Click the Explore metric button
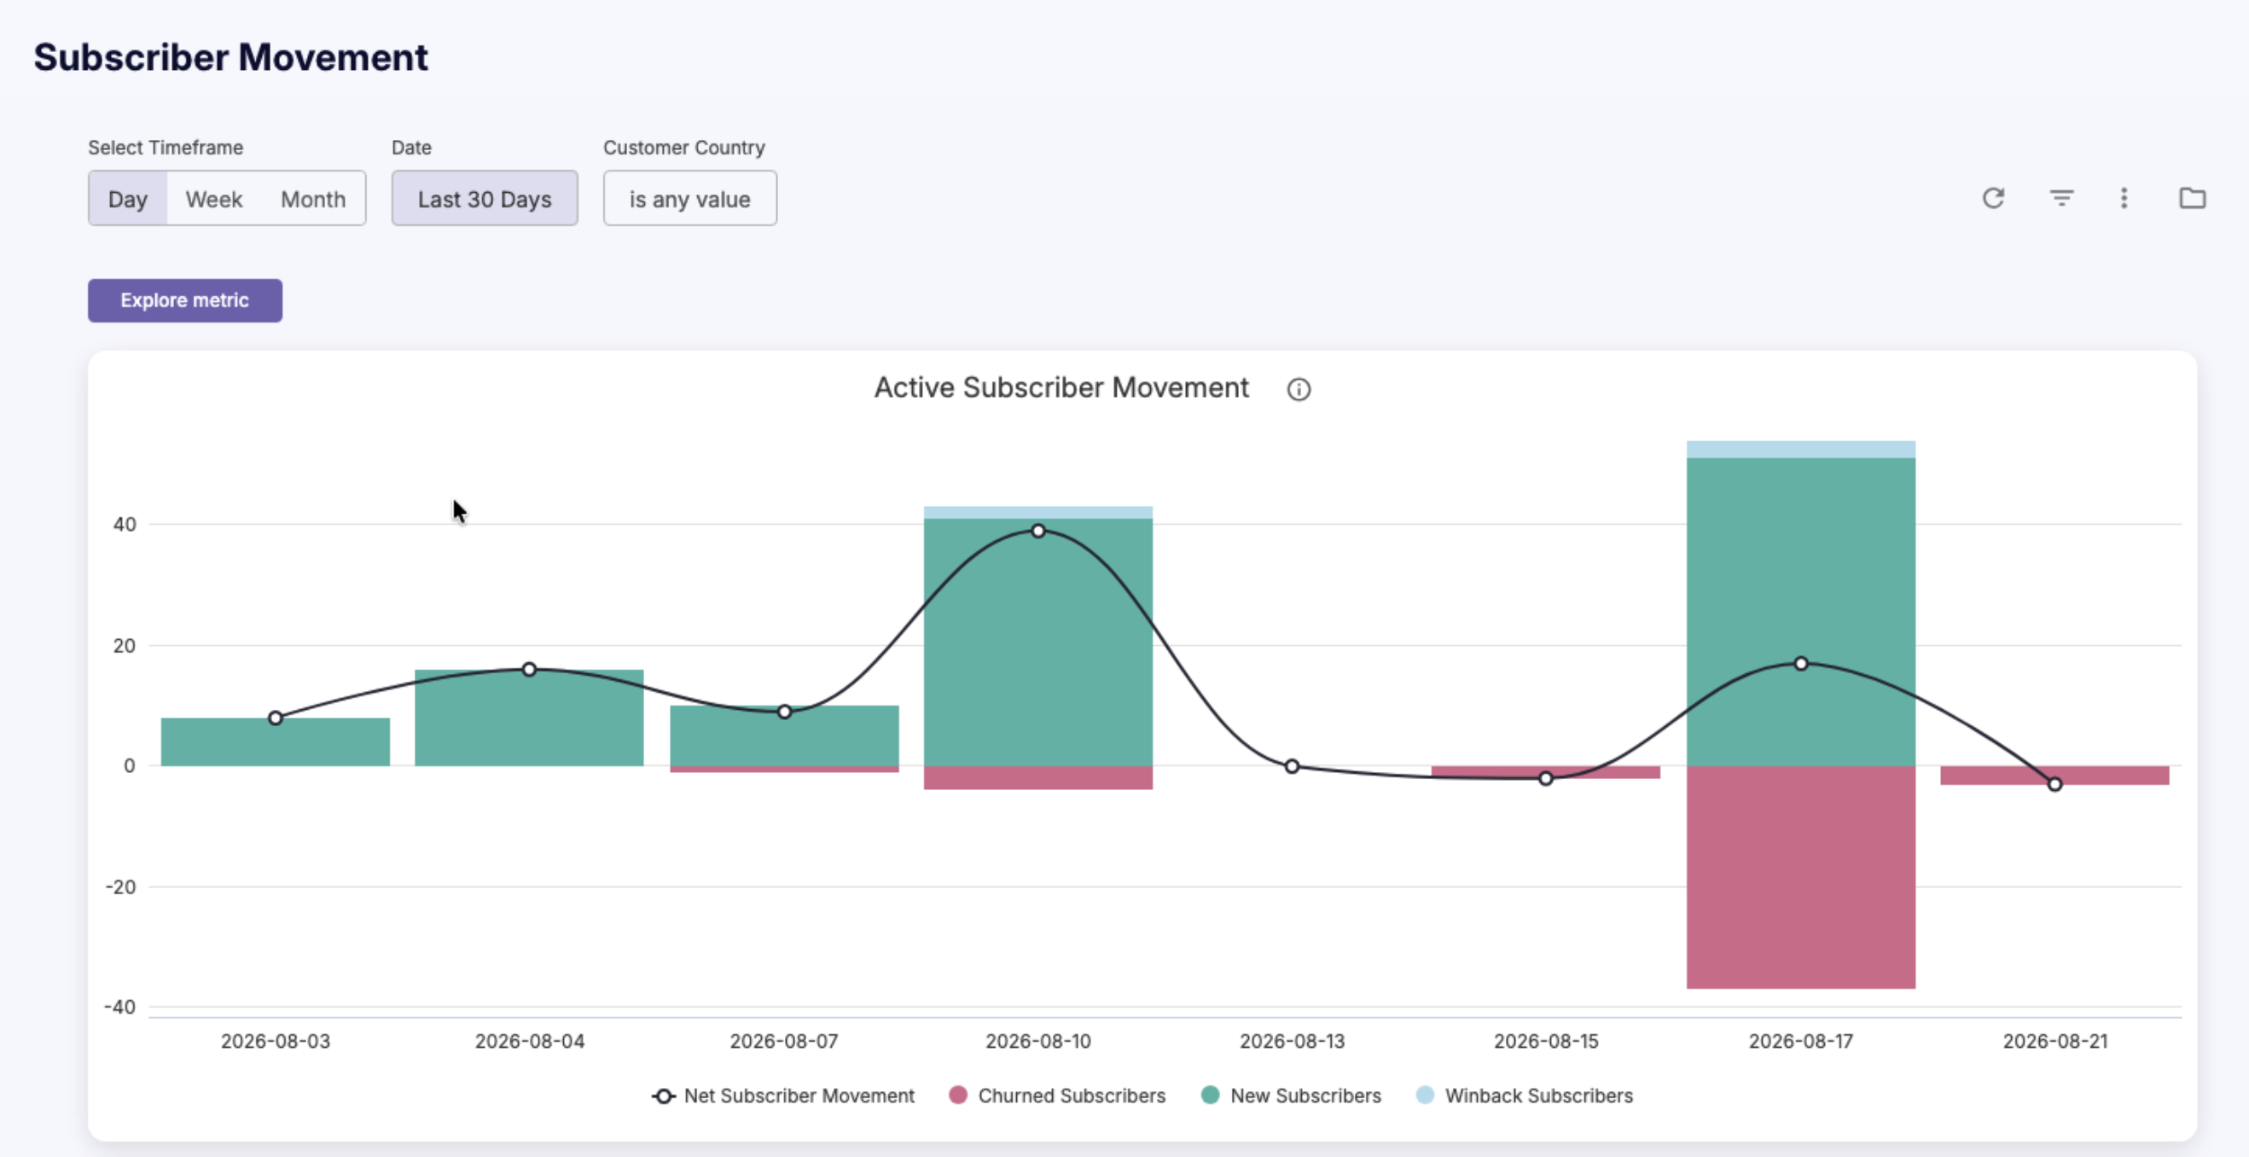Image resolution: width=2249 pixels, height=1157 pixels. [184, 300]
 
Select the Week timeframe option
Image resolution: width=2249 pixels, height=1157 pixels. [214, 199]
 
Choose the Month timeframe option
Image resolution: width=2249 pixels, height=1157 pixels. [312, 199]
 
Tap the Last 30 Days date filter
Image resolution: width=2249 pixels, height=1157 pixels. [485, 199]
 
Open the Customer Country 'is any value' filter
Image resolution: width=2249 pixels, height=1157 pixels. [689, 199]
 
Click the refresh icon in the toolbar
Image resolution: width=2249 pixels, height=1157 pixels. [1993, 198]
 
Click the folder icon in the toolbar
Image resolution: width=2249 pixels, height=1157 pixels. [2192, 198]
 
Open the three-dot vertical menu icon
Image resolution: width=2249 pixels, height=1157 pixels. [2124, 198]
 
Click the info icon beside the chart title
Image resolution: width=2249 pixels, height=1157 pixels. [1299, 389]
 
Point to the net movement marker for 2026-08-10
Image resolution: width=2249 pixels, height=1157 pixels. [1038, 531]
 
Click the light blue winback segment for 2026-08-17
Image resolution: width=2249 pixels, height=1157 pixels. [1800, 450]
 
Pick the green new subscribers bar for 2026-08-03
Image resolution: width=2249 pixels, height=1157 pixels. [275, 742]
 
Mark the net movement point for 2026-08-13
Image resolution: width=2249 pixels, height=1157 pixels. [1292, 767]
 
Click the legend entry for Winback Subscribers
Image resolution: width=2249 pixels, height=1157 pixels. [1525, 1095]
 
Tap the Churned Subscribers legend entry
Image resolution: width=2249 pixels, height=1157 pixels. [1057, 1095]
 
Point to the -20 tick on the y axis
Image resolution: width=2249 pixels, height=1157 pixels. [120, 887]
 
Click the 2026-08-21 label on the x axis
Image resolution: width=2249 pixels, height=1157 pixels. [2054, 1041]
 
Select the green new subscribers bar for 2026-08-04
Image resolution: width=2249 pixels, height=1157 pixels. [529, 718]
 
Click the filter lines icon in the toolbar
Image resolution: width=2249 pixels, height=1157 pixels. [2061, 198]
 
